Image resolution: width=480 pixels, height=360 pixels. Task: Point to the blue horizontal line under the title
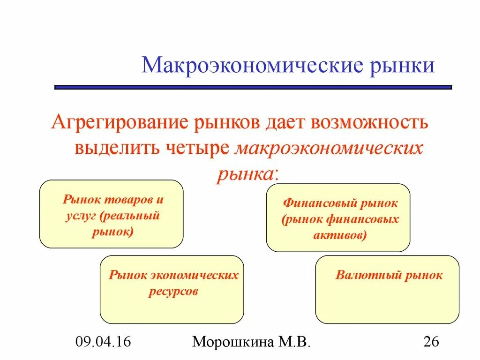[253, 87]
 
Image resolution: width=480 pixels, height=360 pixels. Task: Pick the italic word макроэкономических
[329, 148]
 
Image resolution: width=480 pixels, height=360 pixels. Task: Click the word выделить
[118, 148]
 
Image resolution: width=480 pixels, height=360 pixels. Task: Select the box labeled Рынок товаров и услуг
[111, 214]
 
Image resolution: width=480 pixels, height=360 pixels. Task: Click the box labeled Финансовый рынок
[338, 217]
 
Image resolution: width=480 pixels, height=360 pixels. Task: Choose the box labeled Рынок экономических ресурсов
[172, 289]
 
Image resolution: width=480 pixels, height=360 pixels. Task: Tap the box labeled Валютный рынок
[387, 289]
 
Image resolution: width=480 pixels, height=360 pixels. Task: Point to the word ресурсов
[173, 291]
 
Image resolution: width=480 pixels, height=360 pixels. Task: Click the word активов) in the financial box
[340, 235]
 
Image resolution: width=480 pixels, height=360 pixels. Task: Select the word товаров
[124, 199]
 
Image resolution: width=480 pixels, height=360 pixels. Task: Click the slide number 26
[430, 342]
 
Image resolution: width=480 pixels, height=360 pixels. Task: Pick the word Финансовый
[320, 203]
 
